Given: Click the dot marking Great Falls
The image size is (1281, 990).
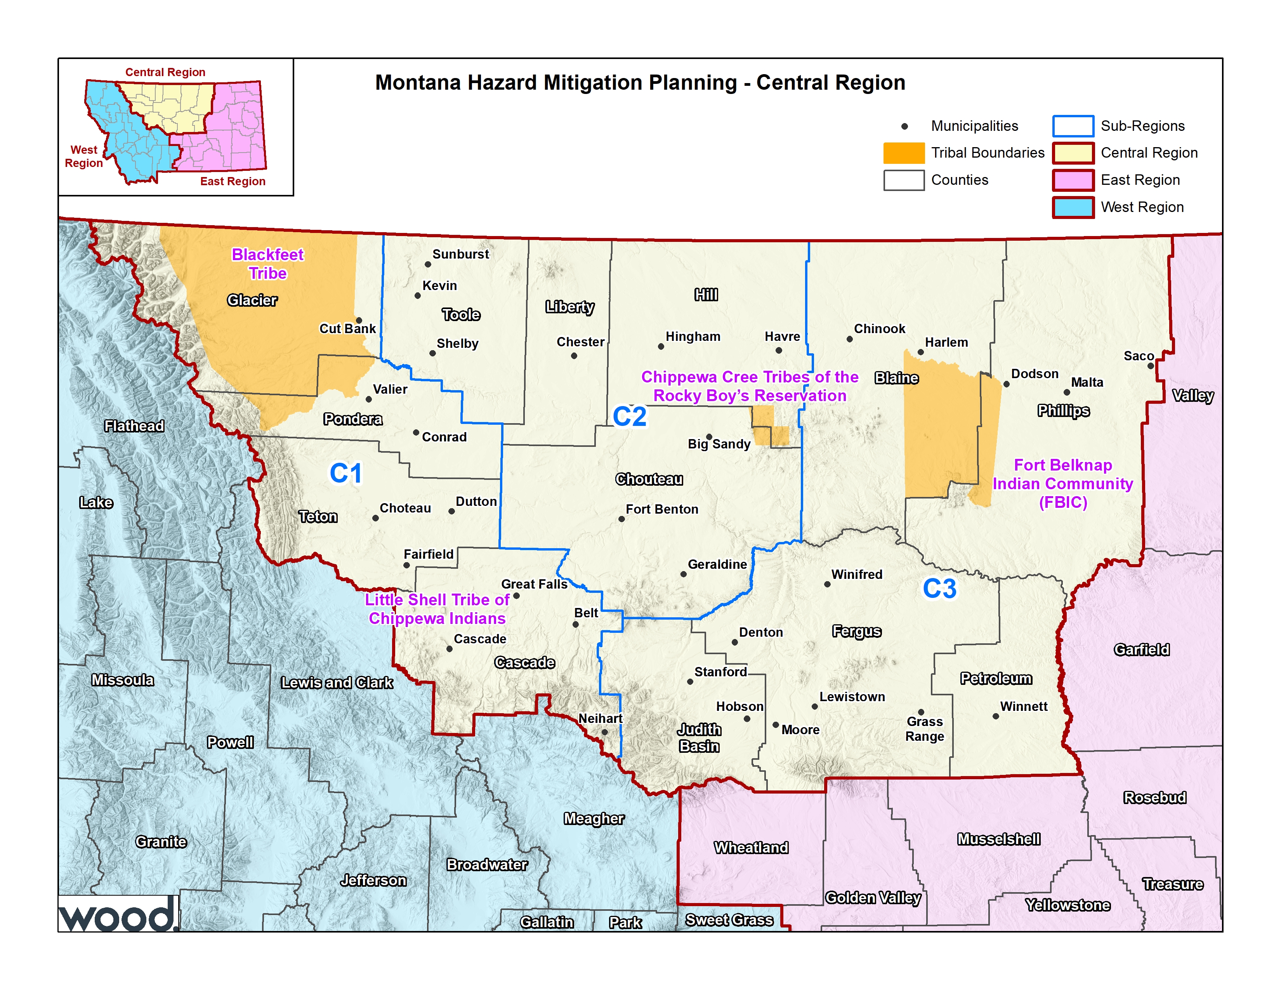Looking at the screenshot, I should (x=516, y=596).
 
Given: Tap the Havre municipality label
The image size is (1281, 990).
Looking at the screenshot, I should (x=782, y=337).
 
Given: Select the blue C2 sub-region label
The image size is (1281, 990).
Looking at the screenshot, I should (x=629, y=417).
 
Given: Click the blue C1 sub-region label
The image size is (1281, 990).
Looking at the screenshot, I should (x=345, y=473).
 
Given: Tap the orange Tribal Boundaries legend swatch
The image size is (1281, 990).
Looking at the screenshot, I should (x=903, y=153).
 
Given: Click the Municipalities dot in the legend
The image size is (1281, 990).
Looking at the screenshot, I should (x=904, y=126).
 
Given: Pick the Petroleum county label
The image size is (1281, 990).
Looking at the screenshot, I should (x=995, y=679).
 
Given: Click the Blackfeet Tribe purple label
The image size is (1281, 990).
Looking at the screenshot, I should (x=267, y=263).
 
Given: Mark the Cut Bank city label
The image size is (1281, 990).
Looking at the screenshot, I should (x=347, y=328).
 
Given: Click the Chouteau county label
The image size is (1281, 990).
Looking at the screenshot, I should (x=649, y=479).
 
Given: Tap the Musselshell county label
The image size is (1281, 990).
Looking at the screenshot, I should (x=998, y=839).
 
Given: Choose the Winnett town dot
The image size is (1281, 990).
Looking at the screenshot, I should (x=995, y=716).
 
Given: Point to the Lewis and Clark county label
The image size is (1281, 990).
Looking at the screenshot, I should (x=337, y=683).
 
